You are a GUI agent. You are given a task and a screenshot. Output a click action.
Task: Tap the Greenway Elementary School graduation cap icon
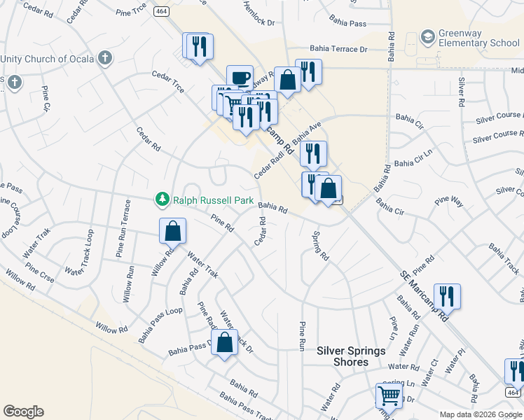[427, 36]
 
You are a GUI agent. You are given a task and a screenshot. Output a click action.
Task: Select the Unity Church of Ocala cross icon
[105, 57]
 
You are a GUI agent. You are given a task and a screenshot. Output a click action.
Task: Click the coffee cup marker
[240, 77]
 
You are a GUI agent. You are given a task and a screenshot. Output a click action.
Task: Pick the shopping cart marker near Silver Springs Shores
[389, 395]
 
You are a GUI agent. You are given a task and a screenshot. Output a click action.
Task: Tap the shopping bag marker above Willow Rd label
[172, 231]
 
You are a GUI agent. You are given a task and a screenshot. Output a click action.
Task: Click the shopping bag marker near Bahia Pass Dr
[224, 342]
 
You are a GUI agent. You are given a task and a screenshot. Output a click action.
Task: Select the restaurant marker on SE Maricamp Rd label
[446, 295]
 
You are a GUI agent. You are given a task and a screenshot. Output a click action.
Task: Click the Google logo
[23, 412]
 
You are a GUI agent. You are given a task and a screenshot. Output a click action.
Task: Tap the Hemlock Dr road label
[258, 13]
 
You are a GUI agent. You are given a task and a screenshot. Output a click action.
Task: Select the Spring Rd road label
[320, 246]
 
